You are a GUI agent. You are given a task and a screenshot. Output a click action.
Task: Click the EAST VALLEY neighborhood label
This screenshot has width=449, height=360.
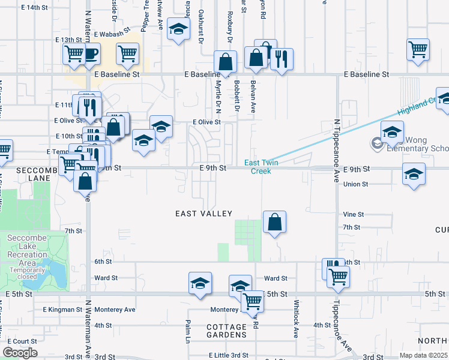pyautogui.click(x=203, y=214)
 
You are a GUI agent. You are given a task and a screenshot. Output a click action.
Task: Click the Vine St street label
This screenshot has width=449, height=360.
pyautogui.click(x=354, y=214)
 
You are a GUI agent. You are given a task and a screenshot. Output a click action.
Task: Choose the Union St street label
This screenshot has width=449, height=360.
pyautogui.click(x=355, y=184)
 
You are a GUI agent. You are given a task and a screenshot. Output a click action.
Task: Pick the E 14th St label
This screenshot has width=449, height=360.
pyautogui.click(x=34, y=7)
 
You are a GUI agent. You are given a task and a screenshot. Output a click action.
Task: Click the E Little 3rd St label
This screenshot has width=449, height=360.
pyautogui.click(x=229, y=355)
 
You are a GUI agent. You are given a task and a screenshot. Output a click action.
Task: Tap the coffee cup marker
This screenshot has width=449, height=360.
pyautogui.click(x=91, y=55)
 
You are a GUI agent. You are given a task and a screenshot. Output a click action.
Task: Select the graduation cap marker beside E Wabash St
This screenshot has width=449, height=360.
pyautogui.click(x=178, y=29)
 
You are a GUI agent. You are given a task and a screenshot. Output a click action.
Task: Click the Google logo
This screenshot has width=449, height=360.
pyautogui.click(x=20, y=353)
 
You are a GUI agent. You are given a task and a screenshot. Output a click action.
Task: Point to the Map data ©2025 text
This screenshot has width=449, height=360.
pyautogui.click(x=423, y=355)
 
